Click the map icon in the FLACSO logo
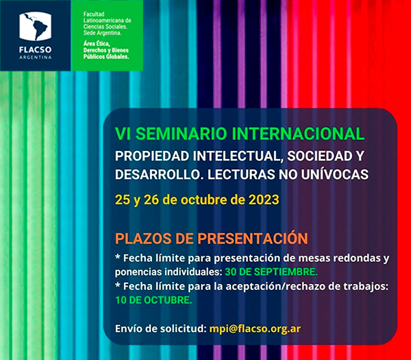pyautogui.click(x=35, y=26)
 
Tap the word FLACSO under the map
pyautogui.click(x=35, y=49)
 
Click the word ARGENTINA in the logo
pyautogui.click(x=35, y=57)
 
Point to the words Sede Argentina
pyautogui.click(x=103, y=33)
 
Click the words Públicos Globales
pyautogui.click(x=106, y=56)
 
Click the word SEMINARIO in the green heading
pyautogui.click(x=181, y=134)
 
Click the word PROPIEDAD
pyautogui.click(x=152, y=156)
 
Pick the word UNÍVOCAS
pyautogui.click(x=334, y=174)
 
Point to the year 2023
pyautogui.click(x=264, y=200)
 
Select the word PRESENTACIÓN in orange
pyautogui.click(x=252, y=238)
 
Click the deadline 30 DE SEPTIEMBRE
pyautogui.click(x=271, y=272)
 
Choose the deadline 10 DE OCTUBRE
pyautogui.click(x=153, y=300)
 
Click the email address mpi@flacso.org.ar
pyautogui.click(x=255, y=328)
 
